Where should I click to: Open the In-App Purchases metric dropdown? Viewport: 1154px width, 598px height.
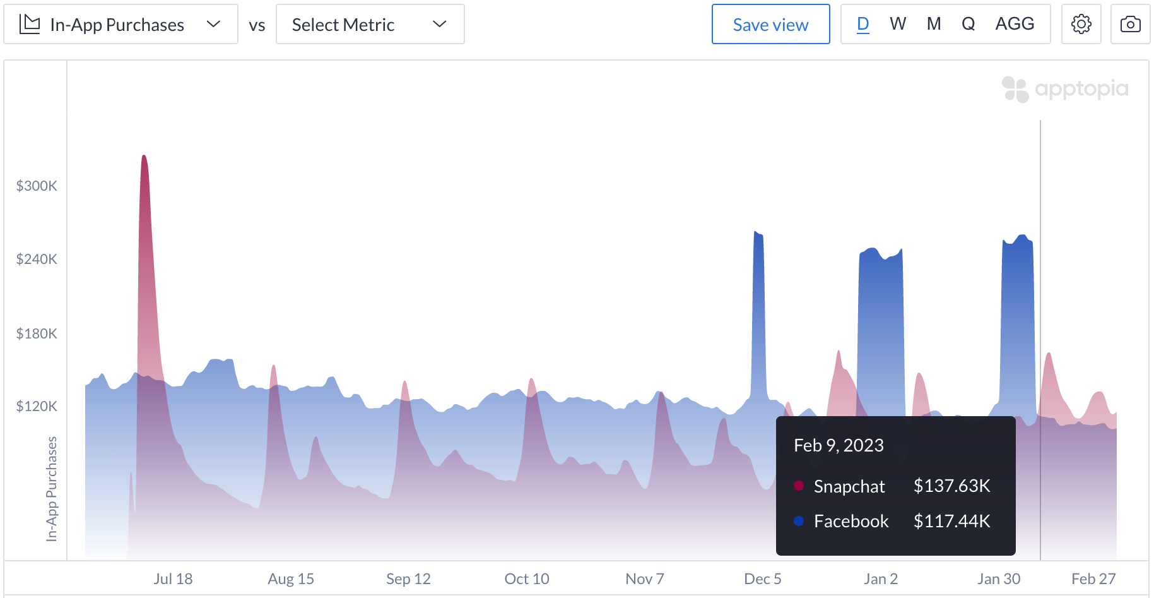[x=121, y=25]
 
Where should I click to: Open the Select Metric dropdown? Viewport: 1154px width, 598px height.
[x=370, y=25]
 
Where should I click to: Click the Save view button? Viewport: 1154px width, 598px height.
[x=770, y=25]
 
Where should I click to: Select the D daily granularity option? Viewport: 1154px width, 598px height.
[x=863, y=24]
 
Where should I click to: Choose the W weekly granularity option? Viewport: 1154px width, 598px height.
[x=897, y=24]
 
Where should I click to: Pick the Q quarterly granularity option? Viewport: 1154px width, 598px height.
[x=968, y=24]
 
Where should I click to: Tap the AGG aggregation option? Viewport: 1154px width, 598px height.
[x=1015, y=24]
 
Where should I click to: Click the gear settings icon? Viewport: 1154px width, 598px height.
[x=1081, y=25]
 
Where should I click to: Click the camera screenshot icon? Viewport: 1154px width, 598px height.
[x=1130, y=25]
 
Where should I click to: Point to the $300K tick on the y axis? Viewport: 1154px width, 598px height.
[x=37, y=186]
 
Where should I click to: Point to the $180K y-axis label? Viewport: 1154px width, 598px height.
[x=37, y=333]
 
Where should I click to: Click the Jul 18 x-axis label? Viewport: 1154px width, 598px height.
[x=173, y=578]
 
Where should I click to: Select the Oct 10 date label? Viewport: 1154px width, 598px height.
[x=527, y=578]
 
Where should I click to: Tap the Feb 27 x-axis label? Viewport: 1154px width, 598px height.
[x=1093, y=578]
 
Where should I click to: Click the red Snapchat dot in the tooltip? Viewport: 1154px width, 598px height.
[x=799, y=486]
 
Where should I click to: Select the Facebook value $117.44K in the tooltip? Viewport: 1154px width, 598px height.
[x=951, y=521]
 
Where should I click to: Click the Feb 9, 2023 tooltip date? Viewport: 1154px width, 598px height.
[x=839, y=445]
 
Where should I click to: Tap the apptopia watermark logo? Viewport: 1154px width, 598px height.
[x=1065, y=89]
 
